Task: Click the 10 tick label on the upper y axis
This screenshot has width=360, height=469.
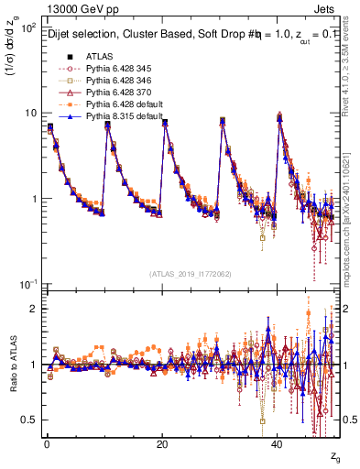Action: point(30,114)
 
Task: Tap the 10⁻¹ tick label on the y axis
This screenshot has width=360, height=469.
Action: point(27,284)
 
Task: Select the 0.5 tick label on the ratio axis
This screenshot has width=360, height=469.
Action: point(30,420)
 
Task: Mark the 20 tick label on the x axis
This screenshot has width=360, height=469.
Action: point(162,444)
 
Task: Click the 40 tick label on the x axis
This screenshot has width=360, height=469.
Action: point(278,444)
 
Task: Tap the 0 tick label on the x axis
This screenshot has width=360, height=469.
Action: point(47,444)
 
